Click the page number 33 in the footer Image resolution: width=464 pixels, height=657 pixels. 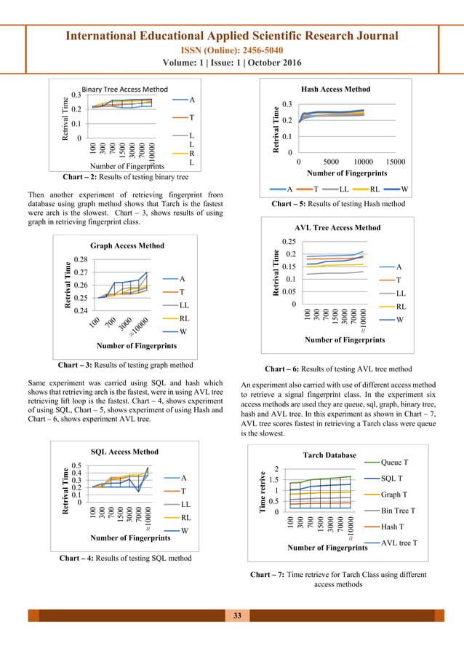point(236,616)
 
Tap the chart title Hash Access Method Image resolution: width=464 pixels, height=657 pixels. point(335,89)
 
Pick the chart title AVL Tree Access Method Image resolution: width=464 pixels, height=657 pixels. point(337,227)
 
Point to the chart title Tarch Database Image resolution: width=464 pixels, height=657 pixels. point(330,455)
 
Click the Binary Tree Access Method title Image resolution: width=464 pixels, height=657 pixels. point(124,89)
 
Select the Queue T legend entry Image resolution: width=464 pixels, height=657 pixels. point(405,463)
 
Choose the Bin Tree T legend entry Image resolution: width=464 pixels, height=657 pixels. point(408,511)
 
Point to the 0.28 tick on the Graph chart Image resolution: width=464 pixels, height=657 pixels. point(80,259)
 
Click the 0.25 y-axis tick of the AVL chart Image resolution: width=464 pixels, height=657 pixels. point(289,242)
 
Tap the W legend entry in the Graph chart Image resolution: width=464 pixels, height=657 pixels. point(184,331)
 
